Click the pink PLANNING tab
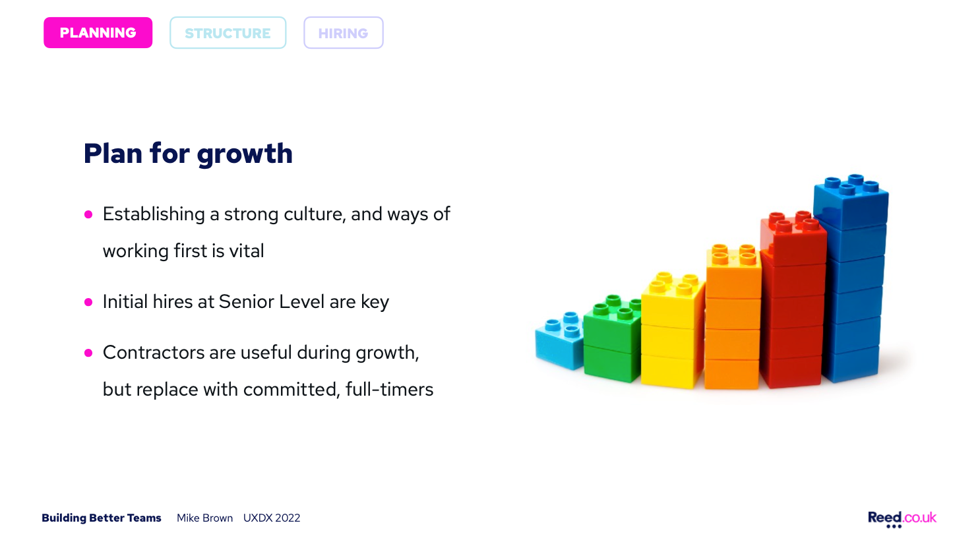point(98,33)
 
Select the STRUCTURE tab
point(228,33)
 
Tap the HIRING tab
point(344,33)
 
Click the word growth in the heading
point(245,154)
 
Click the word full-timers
point(389,390)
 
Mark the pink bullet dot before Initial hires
point(88,302)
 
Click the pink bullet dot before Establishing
point(88,214)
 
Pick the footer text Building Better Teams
point(102,518)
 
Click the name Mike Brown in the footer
point(204,518)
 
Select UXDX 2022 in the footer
point(272,518)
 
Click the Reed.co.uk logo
point(902,519)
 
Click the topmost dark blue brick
point(851,202)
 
